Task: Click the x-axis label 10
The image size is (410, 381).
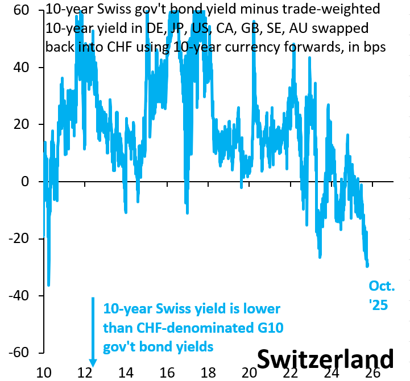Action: click(44, 372)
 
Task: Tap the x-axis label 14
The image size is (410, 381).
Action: click(126, 372)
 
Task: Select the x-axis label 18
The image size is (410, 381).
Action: click(208, 372)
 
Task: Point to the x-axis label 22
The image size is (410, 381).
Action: click(291, 372)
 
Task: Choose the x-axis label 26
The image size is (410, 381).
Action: click(372, 372)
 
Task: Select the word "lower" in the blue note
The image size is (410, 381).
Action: click(262, 309)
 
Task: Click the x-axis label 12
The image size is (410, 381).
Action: click(85, 372)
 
